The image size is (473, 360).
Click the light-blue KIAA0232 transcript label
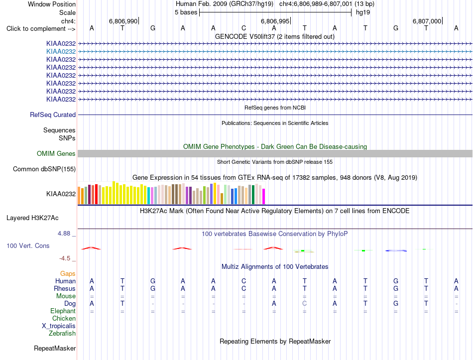(61, 52)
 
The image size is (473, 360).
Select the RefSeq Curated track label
(53, 115)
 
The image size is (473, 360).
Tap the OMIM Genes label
(56, 153)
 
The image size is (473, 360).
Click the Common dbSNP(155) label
(44, 169)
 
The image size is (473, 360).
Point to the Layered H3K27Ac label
(32, 218)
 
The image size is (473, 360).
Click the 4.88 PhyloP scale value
(64, 233)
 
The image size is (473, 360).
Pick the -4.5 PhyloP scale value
(65, 258)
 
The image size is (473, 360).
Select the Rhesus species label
(65, 288)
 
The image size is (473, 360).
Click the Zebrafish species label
(62, 334)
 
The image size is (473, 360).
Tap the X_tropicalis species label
(59, 326)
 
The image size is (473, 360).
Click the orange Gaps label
(68, 273)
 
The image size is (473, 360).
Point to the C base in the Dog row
(304, 303)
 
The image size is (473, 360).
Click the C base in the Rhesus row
(244, 288)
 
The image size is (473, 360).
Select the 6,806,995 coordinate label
(275, 21)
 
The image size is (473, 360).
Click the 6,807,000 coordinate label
(427, 21)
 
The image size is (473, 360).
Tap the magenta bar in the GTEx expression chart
(264, 197)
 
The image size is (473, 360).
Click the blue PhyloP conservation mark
(396, 250)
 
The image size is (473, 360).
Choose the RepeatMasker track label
(55, 348)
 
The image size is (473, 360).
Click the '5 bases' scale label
(186, 12)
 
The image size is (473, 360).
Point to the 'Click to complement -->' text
(41, 29)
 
